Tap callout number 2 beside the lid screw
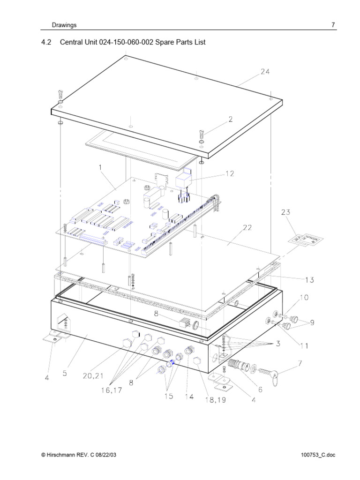click(x=230, y=120)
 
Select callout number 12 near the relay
click(x=229, y=173)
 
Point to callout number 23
click(x=286, y=212)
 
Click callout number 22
click(x=247, y=228)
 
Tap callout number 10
click(x=304, y=298)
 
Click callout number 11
click(x=304, y=346)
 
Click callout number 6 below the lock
click(x=260, y=389)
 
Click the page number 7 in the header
click(x=333, y=25)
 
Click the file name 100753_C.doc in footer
click(x=319, y=455)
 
